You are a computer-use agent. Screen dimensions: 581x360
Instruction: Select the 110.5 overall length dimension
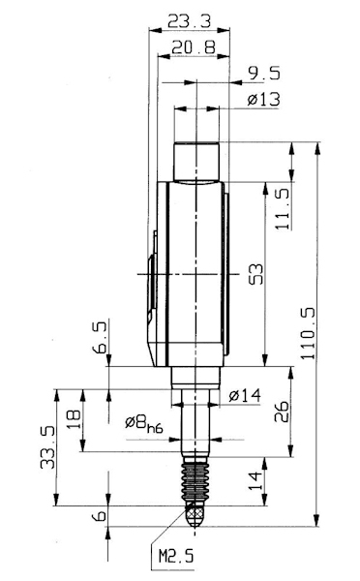[309, 329]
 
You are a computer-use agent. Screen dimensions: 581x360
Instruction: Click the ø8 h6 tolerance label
[143, 423]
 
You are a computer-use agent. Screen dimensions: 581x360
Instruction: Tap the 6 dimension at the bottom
[99, 516]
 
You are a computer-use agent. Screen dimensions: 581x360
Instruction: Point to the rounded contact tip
[196, 514]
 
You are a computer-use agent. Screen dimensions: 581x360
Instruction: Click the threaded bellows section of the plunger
[196, 479]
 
